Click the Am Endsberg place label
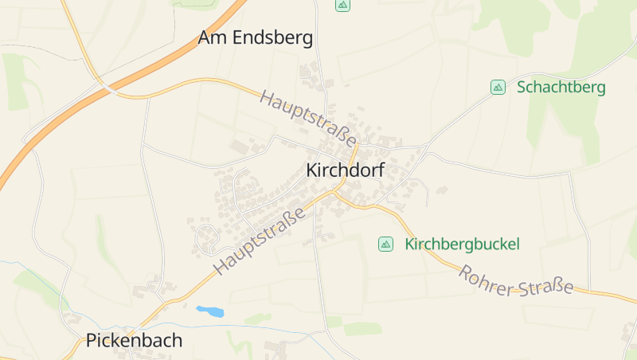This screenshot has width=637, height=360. tap(255, 37)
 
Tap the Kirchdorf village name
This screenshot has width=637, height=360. tap(345, 170)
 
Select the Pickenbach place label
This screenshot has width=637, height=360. tap(134, 341)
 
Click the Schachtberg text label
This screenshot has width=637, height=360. tap(561, 87)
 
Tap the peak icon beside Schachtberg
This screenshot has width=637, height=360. tap(498, 87)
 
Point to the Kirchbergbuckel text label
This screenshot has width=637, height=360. tap(462, 244)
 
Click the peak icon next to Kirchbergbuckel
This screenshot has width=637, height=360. tap(385, 244)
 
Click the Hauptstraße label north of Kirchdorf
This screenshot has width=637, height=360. tap(309, 118)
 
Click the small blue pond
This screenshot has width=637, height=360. tap(209, 311)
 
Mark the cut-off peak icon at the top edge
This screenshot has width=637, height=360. tap(342, 5)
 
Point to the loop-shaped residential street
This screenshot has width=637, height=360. tap(206, 237)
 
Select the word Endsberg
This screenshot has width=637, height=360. tap(272, 37)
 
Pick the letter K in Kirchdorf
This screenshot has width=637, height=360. tap(312, 170)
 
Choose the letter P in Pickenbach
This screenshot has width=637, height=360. tap(92, 341)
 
